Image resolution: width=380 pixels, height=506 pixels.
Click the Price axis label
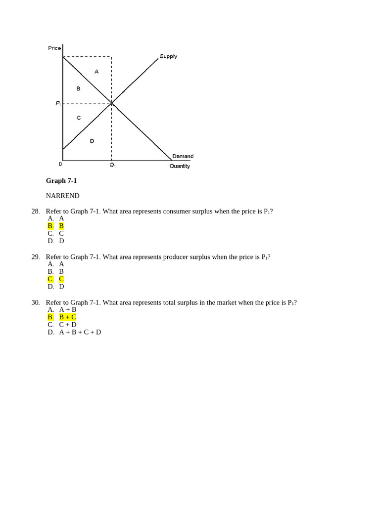(x=54, y=48)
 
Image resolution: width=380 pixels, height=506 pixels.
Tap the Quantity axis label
(x=180, y=166)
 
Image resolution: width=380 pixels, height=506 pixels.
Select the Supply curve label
(x=168, y=56)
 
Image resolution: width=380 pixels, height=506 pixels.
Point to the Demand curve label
(x=183, y=156)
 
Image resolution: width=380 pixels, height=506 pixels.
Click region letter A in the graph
(x=96, y=72)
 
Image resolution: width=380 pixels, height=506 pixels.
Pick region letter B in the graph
(x=78, y=88)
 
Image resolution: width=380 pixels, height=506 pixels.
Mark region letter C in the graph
(x=79, y=118)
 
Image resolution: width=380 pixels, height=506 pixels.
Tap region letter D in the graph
(x=92, y=141)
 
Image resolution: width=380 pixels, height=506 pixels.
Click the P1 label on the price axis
(x=58, y=103)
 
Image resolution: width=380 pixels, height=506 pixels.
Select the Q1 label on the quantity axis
(x=112, y=166)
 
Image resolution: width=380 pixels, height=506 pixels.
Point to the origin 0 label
(x=60, y=164)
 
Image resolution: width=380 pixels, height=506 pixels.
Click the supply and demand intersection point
(x=112, y=103)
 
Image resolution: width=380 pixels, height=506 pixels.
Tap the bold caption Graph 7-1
(x=61, y=181)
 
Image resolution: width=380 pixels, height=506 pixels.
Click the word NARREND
(x=62, y=196)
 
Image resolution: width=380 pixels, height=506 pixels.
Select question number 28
(x=35, y=211)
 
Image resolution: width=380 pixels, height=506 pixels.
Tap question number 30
(x=35, y=302)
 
